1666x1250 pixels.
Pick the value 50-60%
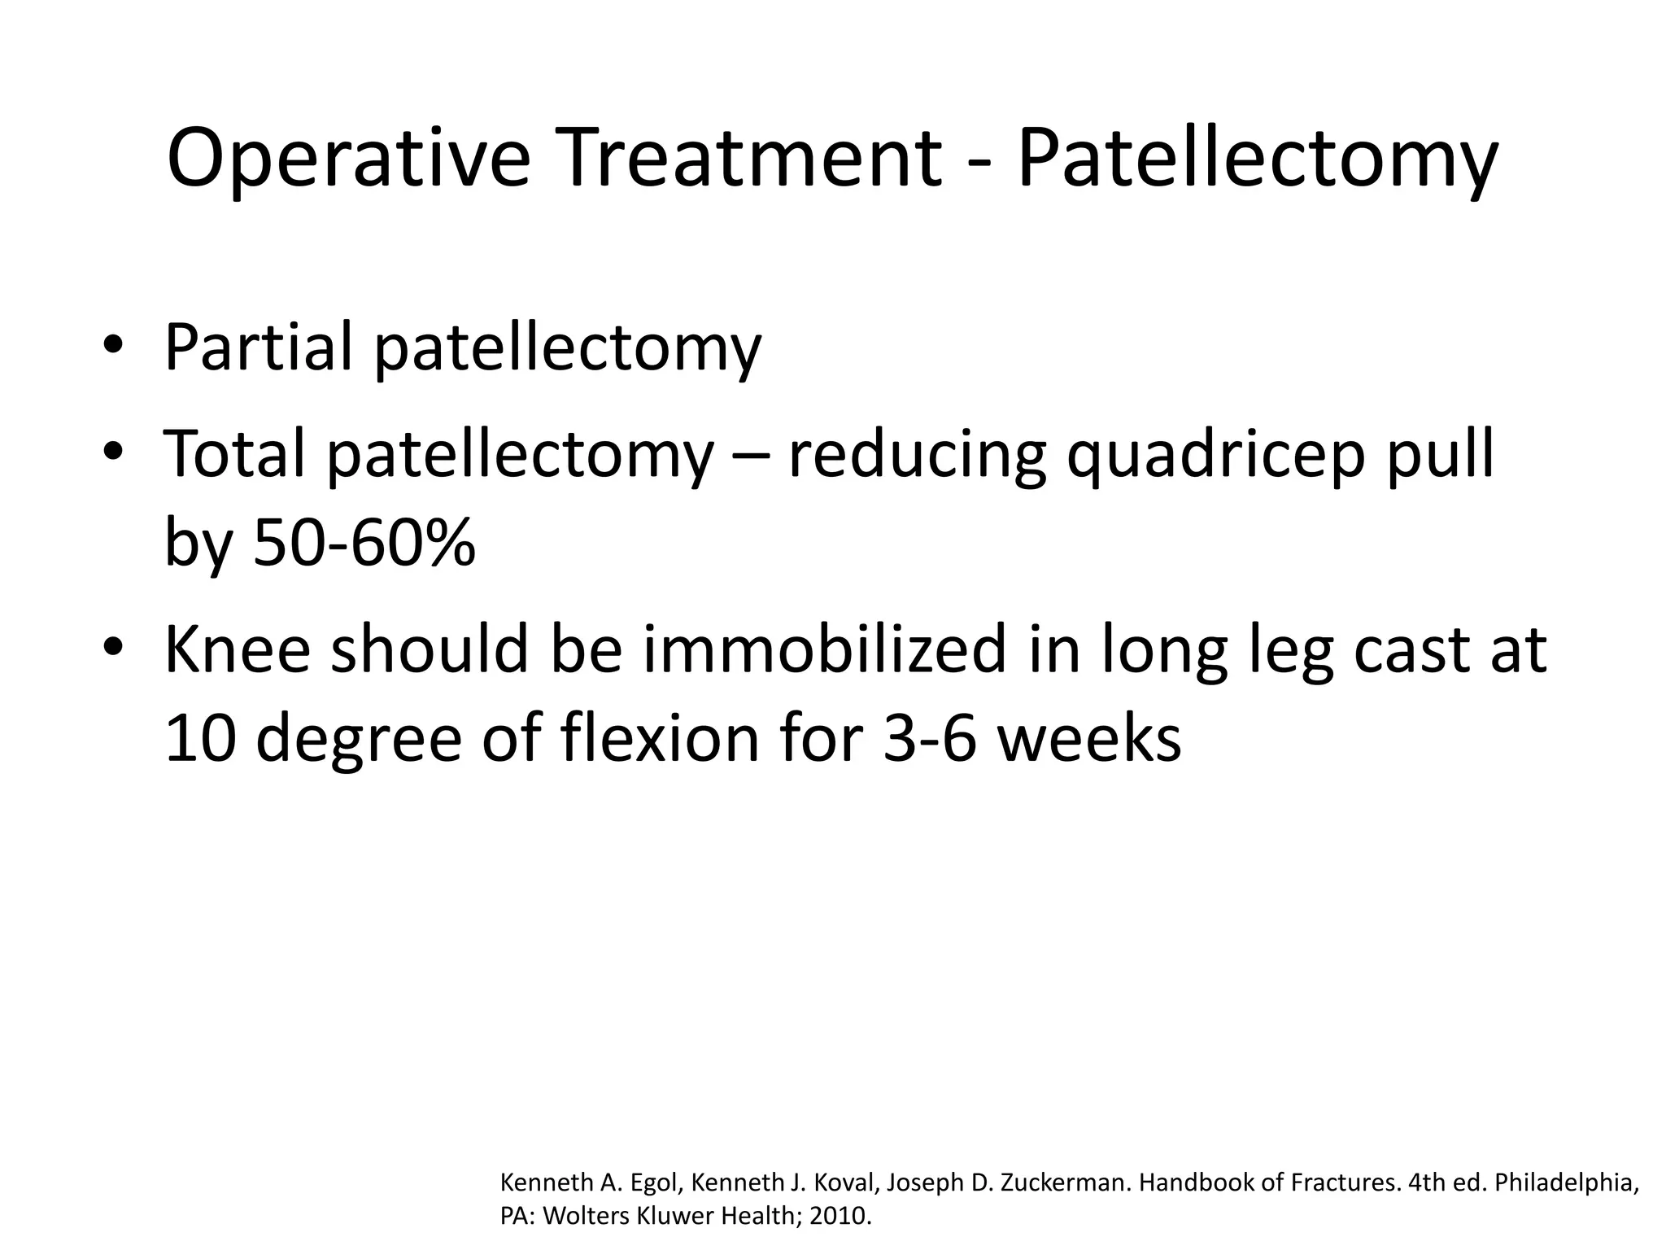click(364, 542)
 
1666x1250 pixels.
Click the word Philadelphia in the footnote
click(1565, 1182)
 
